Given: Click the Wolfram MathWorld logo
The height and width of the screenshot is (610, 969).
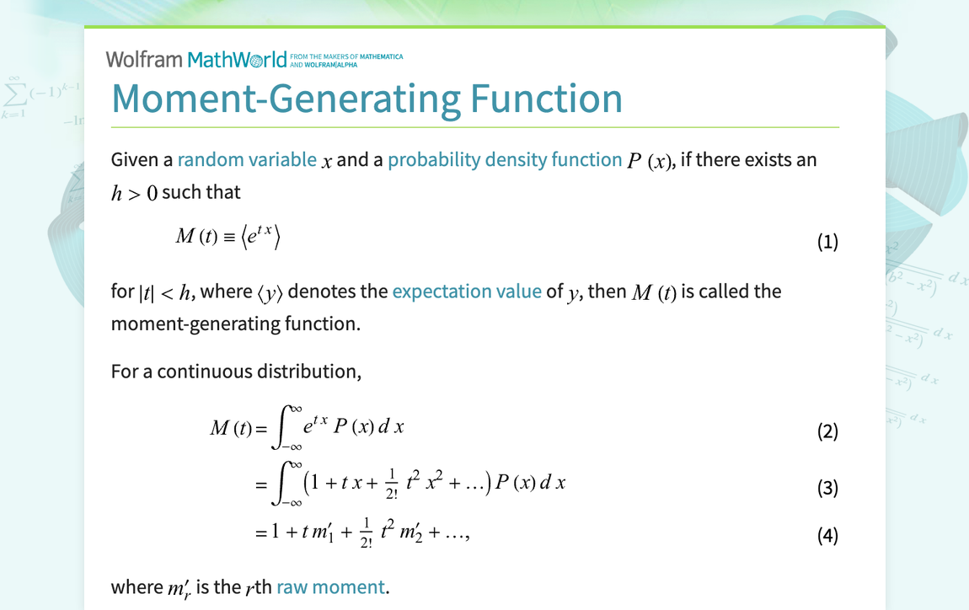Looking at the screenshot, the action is [196, 59].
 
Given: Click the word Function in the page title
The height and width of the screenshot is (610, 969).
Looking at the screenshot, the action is [546, 99].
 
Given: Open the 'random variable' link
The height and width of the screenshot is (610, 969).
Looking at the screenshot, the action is [247, 159].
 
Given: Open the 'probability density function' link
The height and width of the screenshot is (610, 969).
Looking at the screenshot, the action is [505, 159].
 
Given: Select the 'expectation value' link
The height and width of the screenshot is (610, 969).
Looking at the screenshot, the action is [467, 291].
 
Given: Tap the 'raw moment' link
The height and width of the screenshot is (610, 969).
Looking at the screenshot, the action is [330, 586].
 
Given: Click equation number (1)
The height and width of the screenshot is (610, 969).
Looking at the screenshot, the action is [827, 241].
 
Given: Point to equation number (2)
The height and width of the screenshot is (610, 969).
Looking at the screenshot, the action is [827, 431].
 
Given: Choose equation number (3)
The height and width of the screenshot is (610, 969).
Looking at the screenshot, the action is [827, 488].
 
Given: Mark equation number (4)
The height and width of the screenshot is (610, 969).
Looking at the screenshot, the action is [827, 535].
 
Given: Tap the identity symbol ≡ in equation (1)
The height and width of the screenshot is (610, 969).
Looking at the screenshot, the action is [229, 238].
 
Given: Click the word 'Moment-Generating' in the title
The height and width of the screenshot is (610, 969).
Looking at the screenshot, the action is [286, 99].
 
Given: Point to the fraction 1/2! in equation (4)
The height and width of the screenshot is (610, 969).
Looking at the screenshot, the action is [367, 534].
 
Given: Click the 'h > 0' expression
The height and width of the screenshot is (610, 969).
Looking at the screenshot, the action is [134, 193].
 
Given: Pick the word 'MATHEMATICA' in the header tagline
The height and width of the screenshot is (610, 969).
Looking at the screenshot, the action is [382, 56].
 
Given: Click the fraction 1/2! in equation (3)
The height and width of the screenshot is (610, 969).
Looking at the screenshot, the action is [392, 484].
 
